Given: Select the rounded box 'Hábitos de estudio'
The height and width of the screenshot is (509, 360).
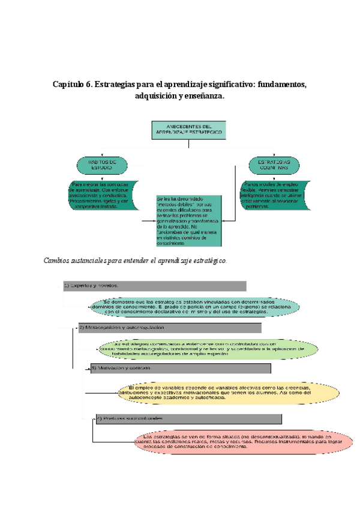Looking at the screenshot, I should pyautogui.click(x=103, y=165).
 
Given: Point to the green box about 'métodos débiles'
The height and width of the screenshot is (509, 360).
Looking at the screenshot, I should pyautogui.click(x=187, y=220).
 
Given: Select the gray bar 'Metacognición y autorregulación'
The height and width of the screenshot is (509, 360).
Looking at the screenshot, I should pyautogui.click(x=169, y=328).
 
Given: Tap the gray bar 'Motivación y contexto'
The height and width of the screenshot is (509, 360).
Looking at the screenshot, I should pyautogui.click(x=180, y=367).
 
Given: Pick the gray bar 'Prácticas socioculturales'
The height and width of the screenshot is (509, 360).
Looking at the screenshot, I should pyautogui.click(x=188, y=418).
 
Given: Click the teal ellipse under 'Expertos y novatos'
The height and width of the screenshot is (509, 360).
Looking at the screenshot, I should pyautogui.click(x=195, y=306).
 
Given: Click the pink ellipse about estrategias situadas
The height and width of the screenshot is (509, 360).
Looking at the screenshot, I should pyautogui.click(x=235, y=443).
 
